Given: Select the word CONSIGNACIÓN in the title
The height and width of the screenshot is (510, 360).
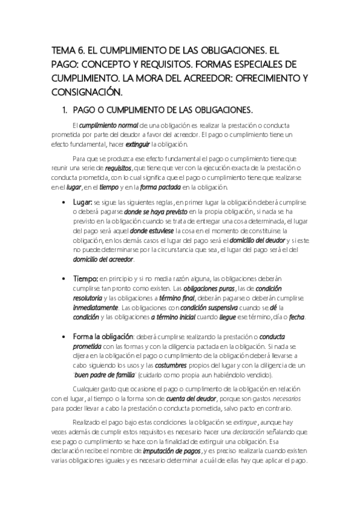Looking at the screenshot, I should (86, 93).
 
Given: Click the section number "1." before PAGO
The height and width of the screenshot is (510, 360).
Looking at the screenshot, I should (76, 111).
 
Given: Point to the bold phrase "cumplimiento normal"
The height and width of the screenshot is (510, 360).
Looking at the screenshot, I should (112, 125).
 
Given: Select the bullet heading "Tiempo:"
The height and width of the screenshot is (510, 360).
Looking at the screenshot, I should (85, 280).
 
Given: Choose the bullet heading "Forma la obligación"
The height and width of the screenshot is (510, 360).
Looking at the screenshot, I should (104, 338).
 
